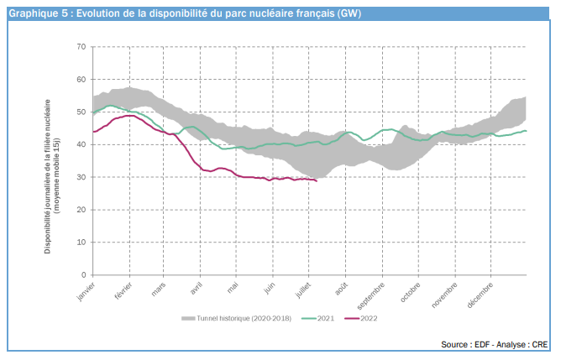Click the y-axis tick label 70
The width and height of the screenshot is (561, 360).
coord(81,46)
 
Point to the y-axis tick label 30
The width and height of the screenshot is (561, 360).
coord(81,177)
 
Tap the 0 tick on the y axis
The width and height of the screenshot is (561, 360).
coord(83,274)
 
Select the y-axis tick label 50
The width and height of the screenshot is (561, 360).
coord(81,112)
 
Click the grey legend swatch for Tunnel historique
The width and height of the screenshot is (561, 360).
coord(188,319)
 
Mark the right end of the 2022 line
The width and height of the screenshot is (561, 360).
coord(316,180)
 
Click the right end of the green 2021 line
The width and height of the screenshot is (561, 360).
coord(526,130)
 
